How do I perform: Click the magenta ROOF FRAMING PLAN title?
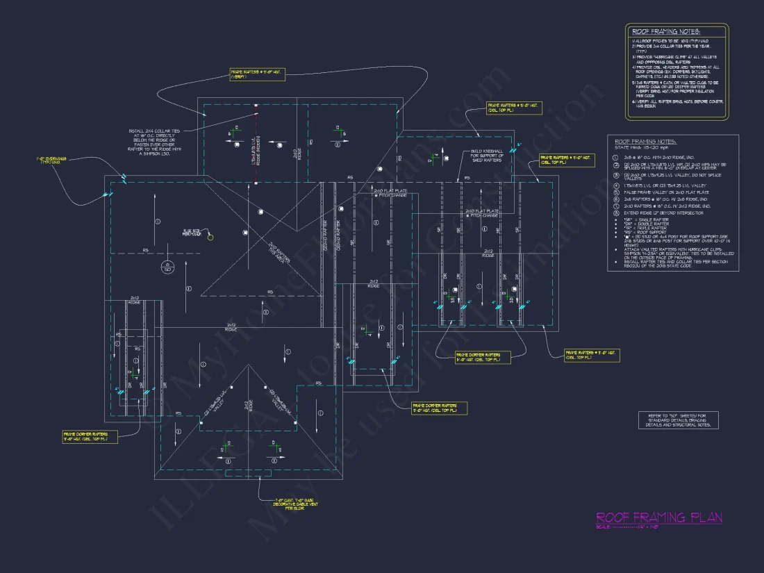[x=658, y=517]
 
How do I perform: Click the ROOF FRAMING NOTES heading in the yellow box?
[x=665, y=32]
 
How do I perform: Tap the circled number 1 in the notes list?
[x=615, y=157]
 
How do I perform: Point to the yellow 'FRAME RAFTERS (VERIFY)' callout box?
[x=257, y=74]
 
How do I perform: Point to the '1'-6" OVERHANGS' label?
[x=52, y=160]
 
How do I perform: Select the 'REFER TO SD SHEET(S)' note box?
[x=679, y=420]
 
